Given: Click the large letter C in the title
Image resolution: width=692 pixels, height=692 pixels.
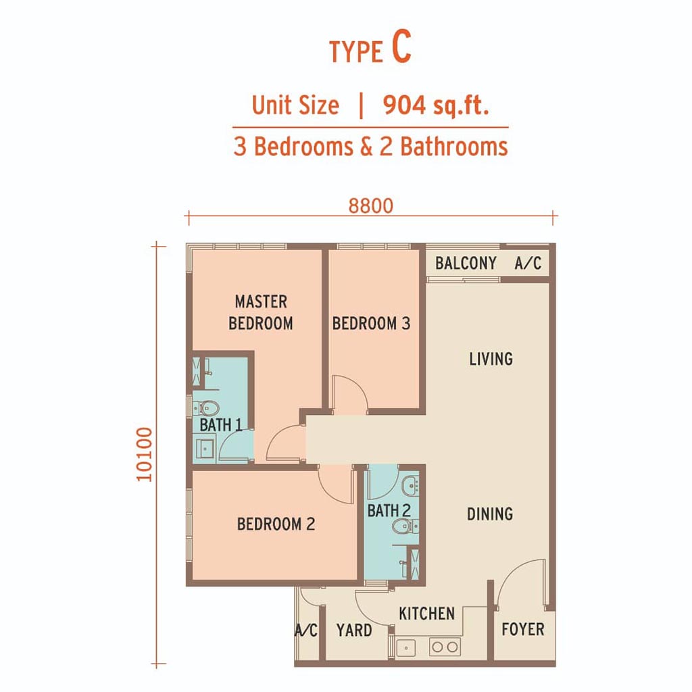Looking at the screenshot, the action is [x=401, y=47].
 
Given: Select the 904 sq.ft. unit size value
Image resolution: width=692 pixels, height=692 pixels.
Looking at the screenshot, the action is [x=436, y=105].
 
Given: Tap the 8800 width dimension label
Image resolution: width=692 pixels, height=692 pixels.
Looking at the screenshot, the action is [x=371, y=206].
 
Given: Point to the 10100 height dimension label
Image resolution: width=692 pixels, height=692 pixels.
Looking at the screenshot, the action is [x=145, y=454].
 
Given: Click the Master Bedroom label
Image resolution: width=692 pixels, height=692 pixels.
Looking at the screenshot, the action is [x=261, y=312].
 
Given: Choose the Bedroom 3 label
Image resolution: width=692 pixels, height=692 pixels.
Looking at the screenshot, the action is [x=371, y=324].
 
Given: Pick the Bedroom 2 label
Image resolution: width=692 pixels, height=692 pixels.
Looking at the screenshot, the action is [x=276, y=524].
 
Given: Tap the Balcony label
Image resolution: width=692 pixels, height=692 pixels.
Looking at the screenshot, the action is [x=466, y=263].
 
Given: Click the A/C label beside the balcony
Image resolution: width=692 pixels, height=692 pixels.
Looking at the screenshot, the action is [x=528, y=263].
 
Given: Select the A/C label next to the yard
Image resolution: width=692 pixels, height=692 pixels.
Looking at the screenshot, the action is [x=306, y=631].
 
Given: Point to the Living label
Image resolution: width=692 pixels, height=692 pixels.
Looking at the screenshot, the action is [x=491, y=359].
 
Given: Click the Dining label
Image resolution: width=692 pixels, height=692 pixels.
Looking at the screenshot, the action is [x=490, y=514].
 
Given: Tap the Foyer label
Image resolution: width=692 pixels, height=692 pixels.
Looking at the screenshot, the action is [x=523, y=629].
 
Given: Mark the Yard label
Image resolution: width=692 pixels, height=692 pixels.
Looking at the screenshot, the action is [x=354, y=631].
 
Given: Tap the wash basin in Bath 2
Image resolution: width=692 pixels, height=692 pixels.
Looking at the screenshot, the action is [x=411, y=485].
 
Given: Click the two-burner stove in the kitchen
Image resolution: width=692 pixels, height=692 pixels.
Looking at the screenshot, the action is [x=445, y=647].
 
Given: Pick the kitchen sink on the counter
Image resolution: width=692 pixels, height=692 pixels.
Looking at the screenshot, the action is [x=406, y=648].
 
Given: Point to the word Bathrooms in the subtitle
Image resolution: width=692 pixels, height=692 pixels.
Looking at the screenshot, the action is [x=454, y=147].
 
